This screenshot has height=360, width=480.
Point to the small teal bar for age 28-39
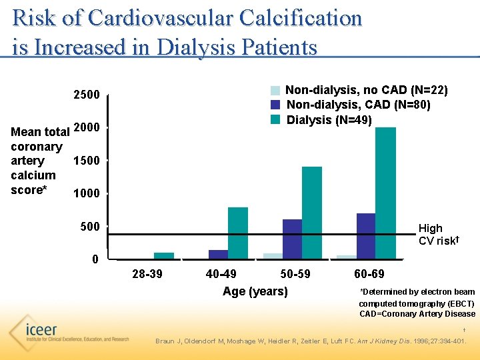[164, 255]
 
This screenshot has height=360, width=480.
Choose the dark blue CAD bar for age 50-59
[292, 238]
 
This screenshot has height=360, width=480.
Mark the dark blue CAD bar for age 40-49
[218, 254]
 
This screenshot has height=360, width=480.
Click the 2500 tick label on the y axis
[86, 95]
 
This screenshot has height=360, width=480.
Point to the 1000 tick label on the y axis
[86, 194]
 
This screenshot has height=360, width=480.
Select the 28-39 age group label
[147, 274]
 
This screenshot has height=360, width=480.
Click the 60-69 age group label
[369, 274]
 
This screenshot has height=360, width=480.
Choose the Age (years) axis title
[255, 291]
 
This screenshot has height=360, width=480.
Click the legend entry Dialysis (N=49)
[329, 120]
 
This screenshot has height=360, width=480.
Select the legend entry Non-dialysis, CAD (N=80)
[358, 105]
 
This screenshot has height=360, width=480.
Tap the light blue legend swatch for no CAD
[275, 90]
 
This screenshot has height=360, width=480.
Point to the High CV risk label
[437, 234]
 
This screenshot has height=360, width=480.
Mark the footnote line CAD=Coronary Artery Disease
[417, 314]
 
